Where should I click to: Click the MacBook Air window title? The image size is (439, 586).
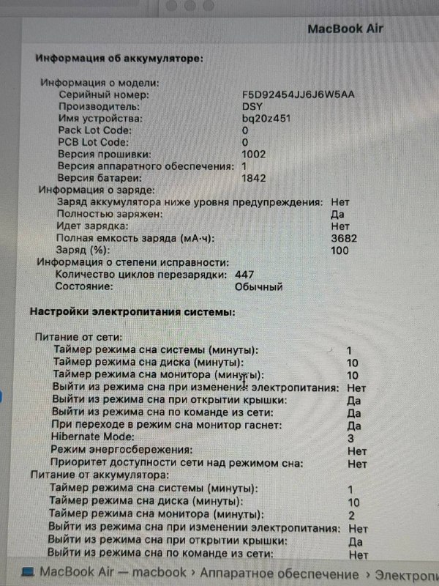(x=345, y=29)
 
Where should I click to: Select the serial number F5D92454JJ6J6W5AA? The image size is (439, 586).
(x=299, y=95)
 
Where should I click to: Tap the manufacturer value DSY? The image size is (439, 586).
(x=253, y=107)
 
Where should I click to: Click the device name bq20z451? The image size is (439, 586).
(x=266, y=119)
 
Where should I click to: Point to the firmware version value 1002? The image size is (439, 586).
(x=254, y=155)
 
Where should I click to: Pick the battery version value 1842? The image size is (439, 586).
(x=254, y=178)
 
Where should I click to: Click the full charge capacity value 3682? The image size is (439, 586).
(x=344, y=239)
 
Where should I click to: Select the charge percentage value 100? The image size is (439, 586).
(x=341, y=251)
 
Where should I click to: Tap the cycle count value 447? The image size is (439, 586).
(x=244, y=274)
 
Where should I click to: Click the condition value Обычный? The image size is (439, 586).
(x=258, y=286)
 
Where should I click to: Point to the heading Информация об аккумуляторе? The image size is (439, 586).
(x=119, y=57)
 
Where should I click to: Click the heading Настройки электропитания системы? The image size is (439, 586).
(x=132, y=312)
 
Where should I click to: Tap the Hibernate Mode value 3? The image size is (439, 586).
(x=351, y=437)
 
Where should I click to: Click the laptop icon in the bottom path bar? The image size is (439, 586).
(x=28, y=571)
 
